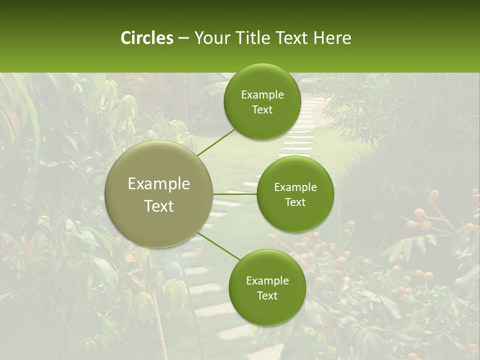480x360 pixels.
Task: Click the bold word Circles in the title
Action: (x=147, y=38)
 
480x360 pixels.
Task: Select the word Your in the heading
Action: (x=211, y=38)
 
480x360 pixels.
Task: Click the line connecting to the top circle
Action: (x=216, y=141)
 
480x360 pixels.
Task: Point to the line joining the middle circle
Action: (x=235, y=194)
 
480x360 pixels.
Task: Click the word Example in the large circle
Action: (x=159, y=184)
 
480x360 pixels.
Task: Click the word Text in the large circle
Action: (x=159, y=206)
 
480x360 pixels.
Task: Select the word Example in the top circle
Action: (x=262, y=95)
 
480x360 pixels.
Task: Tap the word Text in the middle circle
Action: (x=295, y=202)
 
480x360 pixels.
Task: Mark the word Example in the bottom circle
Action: (x=267, y=281)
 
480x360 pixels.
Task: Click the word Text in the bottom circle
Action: (x=267, y=295)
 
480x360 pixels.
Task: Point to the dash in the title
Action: (x=183, y=38)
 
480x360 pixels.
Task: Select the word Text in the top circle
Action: (x=262, y=109)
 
